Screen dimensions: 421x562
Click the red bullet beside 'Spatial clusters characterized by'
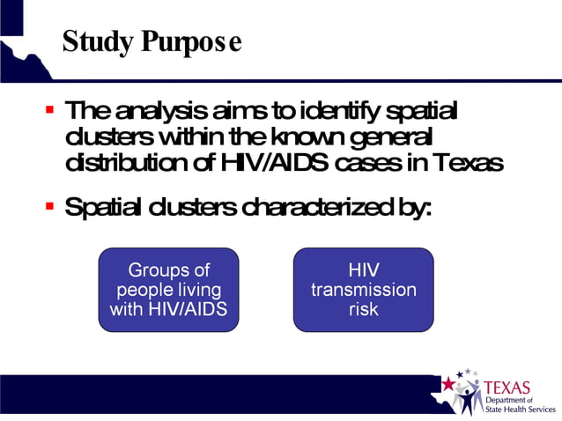pos(50,208)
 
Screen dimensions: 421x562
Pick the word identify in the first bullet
pos(342,112)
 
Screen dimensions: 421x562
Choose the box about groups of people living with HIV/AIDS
pos(168,290)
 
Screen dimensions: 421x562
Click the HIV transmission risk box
pos(363,290)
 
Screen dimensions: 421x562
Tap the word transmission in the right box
pos(363,290)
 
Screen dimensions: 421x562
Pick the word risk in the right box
pos(363,309)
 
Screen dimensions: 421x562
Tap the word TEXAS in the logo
pos(508,388)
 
